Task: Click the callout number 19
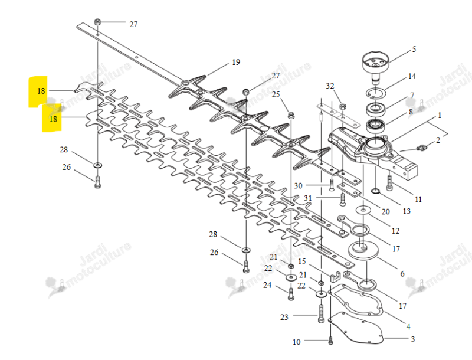pyautogui.click(x=236, y=62)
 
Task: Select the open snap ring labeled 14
pyautogui.click(x=376, y=93)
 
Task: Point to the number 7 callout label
pyautogui.click(x=412, y=95)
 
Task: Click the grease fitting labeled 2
pyautogui.click(x=421, y=148)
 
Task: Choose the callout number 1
pyautogui.click(x=440, y=115)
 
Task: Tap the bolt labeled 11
pyautogui.click(x=389, y=182)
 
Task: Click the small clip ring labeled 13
pyautogui.click(x=375, y=191)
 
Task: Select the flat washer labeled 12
pyautogui.click(x=363, y=210)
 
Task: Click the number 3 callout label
pyautogui.click(x=412, y=339)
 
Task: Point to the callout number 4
pyautogui.click(x=408, y=326)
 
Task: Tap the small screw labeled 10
pyautogui.click(x=330, y=341)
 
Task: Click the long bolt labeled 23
pyautogui.click(x=321, y=313)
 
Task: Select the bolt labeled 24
pyautogui.click(x=291, y=293)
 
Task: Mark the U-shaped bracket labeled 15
pyautogui.click(x=335, y=277)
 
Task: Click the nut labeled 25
pyautogui.click(x=291, y=115)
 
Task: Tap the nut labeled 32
pyautogui.click(x=342, y=106)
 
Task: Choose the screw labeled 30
pyautogui.click(x=332, y=185)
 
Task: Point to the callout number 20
pyautogui.click(x=386, y=212)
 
